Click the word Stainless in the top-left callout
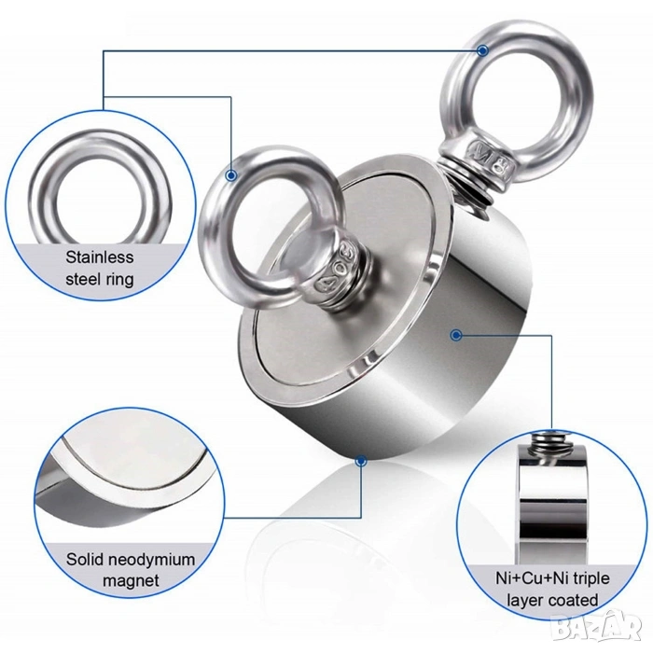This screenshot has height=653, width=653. click(x=100, y=257)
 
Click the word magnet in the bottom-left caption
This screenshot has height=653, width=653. click(x=131, y=580)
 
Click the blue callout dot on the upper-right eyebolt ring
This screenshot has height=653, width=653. click(x=482, y=50)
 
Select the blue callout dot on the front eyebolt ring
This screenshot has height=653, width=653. click(x=231, y=175)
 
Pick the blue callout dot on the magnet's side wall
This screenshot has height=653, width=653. click(x=456, y=335)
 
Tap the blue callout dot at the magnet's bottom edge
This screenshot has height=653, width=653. click(x=361, y=461)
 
